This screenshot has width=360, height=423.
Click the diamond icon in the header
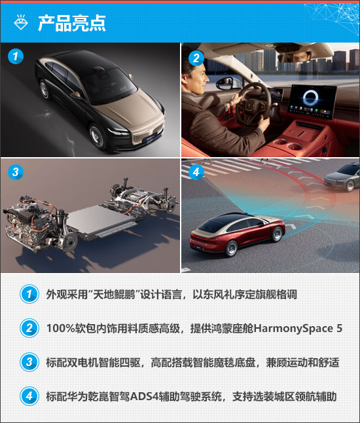21,22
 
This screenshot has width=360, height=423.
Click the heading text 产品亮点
72,23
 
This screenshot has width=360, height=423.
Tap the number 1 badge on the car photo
15,56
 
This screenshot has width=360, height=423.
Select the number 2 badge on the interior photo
196,58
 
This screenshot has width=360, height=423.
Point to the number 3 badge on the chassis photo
15,172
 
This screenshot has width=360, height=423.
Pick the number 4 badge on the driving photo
196,172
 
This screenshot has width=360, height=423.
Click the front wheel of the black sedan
97,136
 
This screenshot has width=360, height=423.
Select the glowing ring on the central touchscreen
310,97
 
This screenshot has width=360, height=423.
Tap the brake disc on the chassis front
70,242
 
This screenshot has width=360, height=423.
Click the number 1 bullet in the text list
29,294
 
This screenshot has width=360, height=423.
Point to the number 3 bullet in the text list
29,362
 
